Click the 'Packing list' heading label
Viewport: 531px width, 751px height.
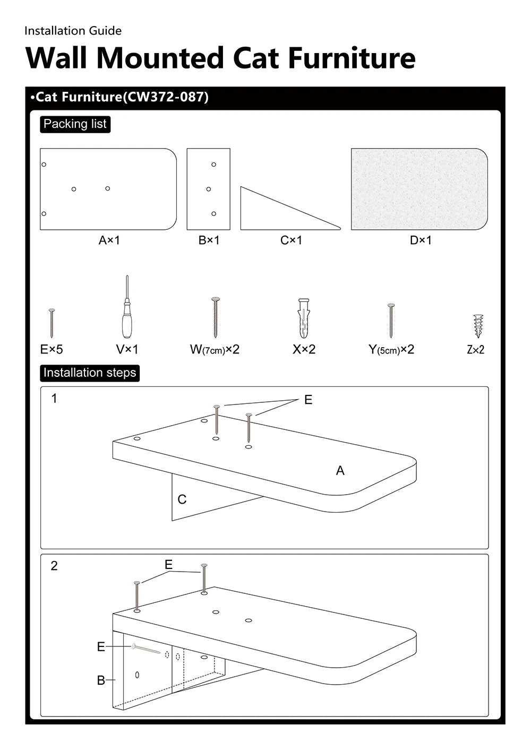(75, 124)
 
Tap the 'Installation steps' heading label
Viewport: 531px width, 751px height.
(89, 373)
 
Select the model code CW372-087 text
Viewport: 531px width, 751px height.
(165, 97)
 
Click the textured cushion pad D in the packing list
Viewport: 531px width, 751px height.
(419, 189)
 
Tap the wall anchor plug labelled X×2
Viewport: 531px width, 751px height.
(303, 318)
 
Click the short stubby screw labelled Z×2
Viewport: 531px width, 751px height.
(478, 325)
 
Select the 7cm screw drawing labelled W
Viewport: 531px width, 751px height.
(215, 317)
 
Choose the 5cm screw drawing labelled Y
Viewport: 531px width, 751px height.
(391, 321)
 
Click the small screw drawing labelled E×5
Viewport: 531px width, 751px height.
(52, 323)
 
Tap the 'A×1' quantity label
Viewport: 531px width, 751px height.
(109, 240)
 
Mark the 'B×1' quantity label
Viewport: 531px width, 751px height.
(209, 240)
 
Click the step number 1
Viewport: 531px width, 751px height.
(54, 398)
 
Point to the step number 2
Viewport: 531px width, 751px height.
(54, 566)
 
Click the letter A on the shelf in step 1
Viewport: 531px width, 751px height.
(340, 470)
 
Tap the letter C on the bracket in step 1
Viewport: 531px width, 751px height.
(182, 499)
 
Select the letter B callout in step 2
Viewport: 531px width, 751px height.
(101, 680)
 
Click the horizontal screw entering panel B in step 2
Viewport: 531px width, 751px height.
(146, 649)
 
